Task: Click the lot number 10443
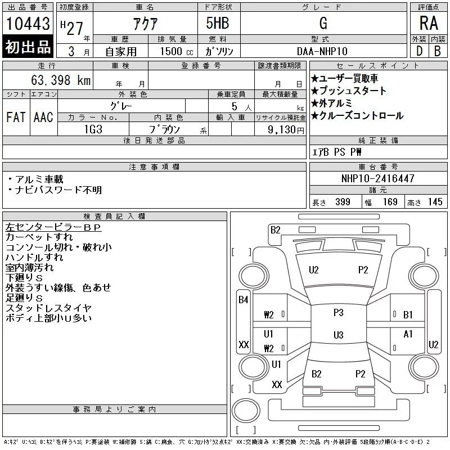click(x=28, y=24)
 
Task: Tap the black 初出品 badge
click(x=28, y=47)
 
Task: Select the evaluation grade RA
click(x=429, y=23)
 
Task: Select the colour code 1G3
click(x=93, y=129)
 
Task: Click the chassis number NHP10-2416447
click(x=377, y=179)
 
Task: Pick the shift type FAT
click(x=16, y=117)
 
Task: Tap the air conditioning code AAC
click(x=43, y=117)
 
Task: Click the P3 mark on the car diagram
click(x=338, y=312)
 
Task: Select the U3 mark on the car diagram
click(x=338, y=335)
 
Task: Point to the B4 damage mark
click(x=243, y=300)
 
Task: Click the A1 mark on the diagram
click(x=408, y=334)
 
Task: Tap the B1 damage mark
click(x=408, y=314)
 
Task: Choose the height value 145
click(x=435, y=202)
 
